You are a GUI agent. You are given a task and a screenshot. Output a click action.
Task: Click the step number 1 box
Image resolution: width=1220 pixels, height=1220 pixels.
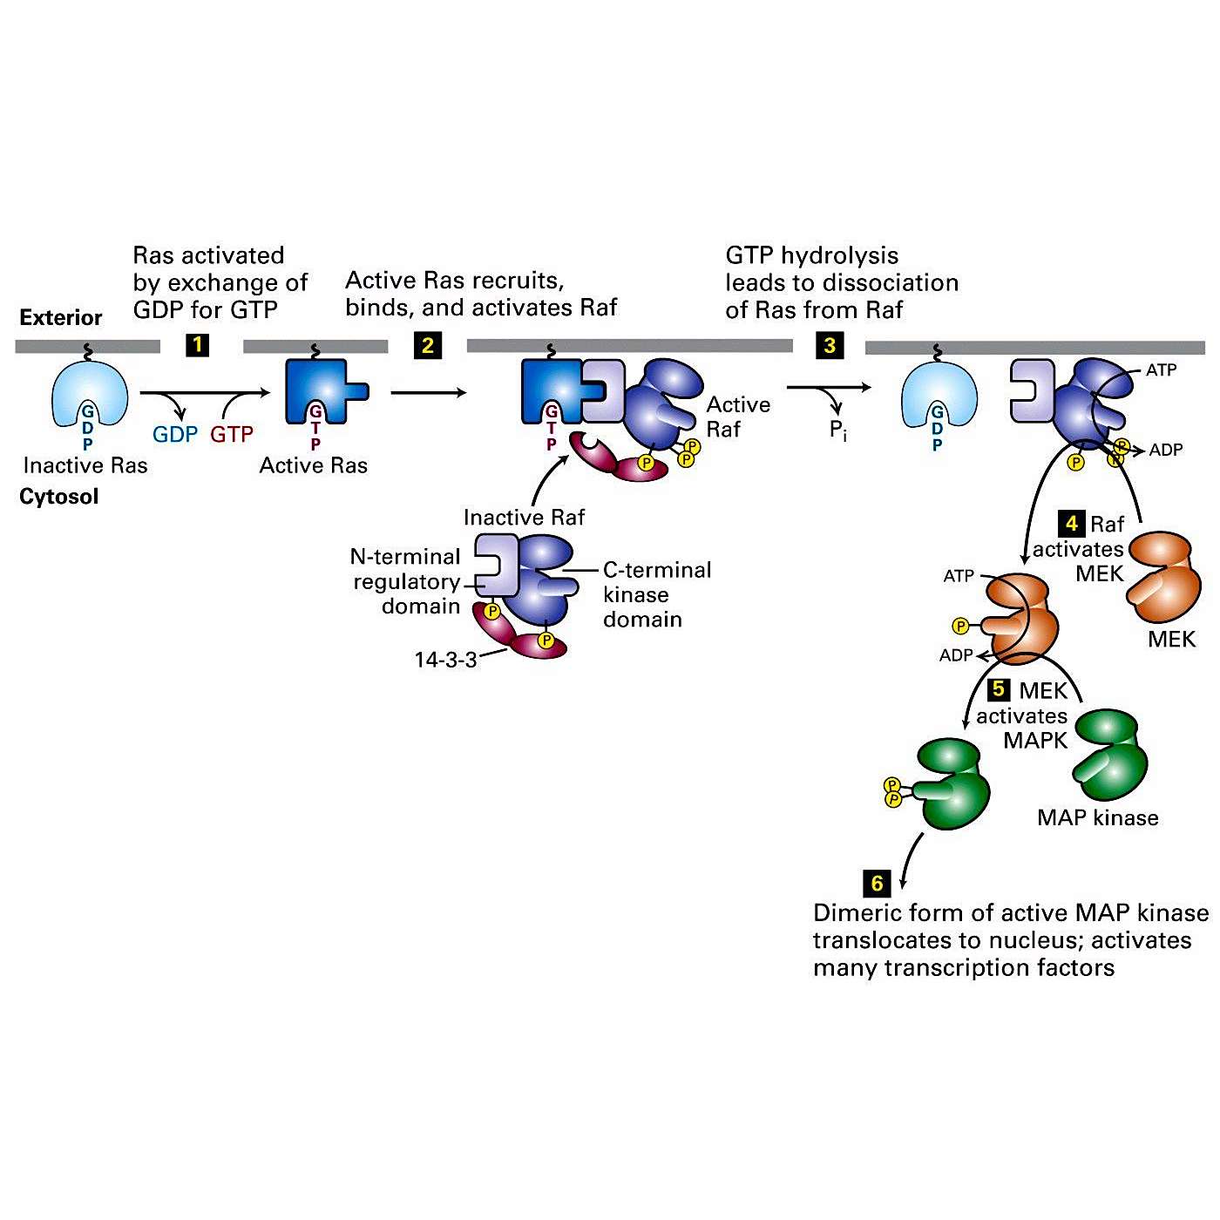point(198,345)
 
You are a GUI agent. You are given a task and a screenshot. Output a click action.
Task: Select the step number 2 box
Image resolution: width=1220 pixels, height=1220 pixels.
point(427,345)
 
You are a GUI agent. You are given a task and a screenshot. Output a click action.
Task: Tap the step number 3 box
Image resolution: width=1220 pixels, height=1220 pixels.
point(829,345)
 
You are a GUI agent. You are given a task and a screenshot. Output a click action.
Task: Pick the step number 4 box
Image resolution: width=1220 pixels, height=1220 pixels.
point(1071,524)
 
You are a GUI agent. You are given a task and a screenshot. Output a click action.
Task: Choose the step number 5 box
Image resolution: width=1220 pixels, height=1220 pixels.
point(999,689)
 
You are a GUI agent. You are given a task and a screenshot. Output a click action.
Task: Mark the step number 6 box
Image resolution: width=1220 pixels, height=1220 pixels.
point(877,883)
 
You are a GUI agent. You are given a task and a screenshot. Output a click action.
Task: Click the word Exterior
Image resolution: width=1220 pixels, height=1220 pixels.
point(61,317)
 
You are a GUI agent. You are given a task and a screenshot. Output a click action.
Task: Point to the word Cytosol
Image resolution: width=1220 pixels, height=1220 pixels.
point(59,497)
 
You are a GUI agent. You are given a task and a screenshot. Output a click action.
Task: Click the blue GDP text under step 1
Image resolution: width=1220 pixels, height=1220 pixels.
point(175,434)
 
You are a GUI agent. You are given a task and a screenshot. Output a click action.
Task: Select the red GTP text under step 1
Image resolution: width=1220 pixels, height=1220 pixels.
point(232,434)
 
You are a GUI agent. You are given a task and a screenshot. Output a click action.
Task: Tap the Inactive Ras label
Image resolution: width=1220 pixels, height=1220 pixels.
point(85,465)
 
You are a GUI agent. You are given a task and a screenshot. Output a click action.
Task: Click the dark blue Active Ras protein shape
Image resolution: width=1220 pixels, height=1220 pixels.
point(322,393)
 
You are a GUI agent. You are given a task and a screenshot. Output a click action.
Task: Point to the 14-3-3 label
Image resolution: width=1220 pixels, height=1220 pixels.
point(445,660)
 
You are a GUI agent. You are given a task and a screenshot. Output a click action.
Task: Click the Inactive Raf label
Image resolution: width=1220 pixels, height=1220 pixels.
point(524,518)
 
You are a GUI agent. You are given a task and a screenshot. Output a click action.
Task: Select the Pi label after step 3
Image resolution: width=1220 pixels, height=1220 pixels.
point(837,430)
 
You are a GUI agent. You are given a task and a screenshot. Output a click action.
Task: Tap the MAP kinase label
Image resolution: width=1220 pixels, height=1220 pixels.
point(1097,817)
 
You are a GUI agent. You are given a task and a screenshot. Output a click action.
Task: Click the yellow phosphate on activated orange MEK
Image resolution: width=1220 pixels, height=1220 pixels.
point(960,626)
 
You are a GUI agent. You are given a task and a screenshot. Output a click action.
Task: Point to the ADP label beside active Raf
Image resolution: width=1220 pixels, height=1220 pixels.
point(1166,451)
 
